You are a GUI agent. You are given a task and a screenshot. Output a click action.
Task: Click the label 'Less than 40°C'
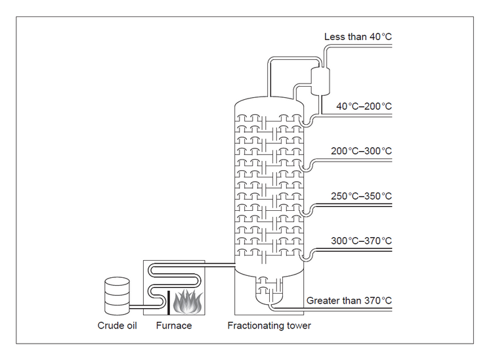[x=358, y=37]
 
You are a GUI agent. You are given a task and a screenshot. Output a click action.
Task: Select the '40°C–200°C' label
[x=364, y=106]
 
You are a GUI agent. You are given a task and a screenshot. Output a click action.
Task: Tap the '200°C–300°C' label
[x=361, y=151]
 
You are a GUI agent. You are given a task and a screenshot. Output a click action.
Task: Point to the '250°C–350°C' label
[x=361, y=196]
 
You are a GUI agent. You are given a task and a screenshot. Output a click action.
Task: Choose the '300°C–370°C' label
[x=361, y=240]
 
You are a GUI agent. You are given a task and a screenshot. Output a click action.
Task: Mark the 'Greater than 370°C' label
[x=349, y=301]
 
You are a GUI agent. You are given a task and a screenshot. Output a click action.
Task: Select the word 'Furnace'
[x=174, y=325]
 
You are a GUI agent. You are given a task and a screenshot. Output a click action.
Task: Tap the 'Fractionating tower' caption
[x=269, y=325]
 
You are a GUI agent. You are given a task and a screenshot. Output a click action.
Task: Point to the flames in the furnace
[x=188, y=302]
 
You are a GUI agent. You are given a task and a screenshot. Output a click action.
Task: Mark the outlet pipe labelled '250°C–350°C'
[x=354, y=205]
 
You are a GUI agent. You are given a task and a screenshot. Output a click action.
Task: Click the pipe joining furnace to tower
[x=220, y=265]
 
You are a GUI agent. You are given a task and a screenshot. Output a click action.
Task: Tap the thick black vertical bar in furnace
[x=169, y=302]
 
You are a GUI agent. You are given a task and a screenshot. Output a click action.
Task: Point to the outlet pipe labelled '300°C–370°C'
[x=354, y=250]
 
